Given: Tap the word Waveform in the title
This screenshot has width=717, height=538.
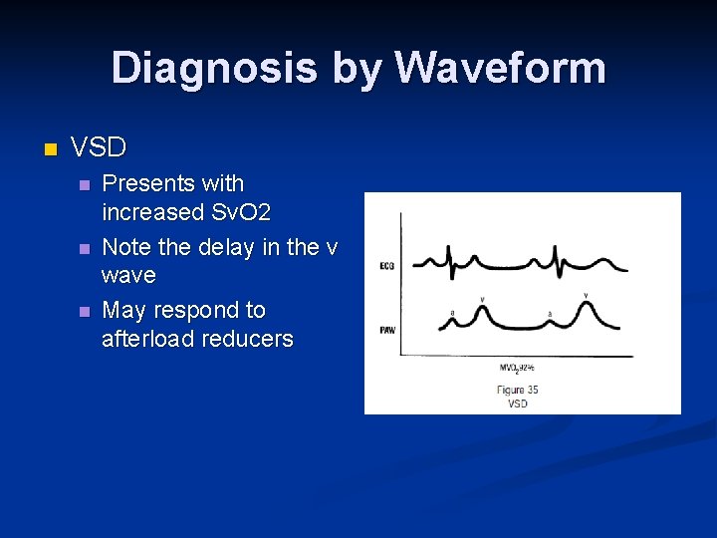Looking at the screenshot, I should coord(500,69).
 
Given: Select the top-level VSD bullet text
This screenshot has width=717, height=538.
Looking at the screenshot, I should coord(99,148).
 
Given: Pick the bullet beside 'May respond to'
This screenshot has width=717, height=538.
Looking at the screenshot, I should coord(84,311).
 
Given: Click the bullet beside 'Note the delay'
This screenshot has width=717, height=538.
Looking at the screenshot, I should coord(84,247).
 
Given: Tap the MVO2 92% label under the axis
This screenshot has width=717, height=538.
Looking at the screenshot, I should coord(517,367).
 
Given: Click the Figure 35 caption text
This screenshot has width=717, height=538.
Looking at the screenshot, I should coord(517,390).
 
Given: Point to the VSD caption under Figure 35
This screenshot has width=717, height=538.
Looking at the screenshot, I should coord(517,403).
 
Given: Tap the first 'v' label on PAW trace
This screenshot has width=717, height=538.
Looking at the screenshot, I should coord(482,298).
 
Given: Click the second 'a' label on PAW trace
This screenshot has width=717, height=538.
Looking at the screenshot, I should coord(550,313).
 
